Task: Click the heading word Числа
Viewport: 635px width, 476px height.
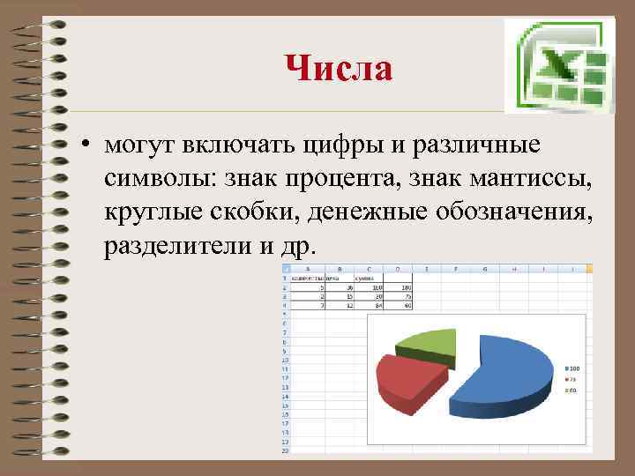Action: coord(339,68)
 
